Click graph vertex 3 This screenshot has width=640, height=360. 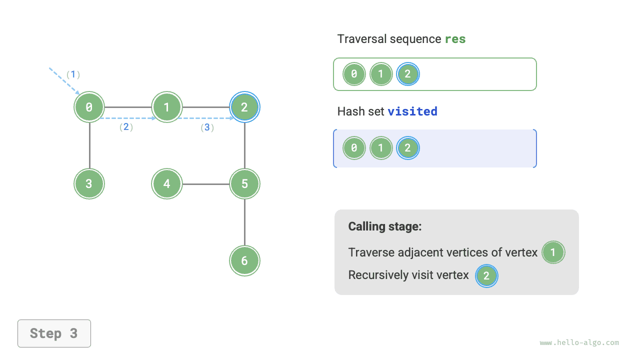tap(89, 184)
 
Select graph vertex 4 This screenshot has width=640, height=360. tap(167, 184)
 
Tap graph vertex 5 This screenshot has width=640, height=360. tap(244, 184)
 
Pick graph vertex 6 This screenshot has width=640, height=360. tap(244, 260)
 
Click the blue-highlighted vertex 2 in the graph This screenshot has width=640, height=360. tap(244, 107)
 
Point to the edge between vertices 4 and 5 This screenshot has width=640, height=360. tap(205, 184)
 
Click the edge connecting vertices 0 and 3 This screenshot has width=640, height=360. tap(89, 145)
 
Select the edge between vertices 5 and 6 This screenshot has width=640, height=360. tap(244, 222)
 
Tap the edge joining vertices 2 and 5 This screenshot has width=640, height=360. tap(244, 145)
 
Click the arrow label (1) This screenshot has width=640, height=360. tap(73, 74)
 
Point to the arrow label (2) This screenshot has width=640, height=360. tap(126, 127)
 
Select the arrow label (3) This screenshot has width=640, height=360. tap(207, 127)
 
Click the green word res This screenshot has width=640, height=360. tap(455, 39)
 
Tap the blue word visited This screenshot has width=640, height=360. tap(412, 111)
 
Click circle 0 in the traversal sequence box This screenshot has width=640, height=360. tap(354, 74)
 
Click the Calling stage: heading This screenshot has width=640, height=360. tap(385, 226)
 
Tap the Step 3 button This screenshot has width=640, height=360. tap(54, 333)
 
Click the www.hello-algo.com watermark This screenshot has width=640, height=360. tap(579, 342)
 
